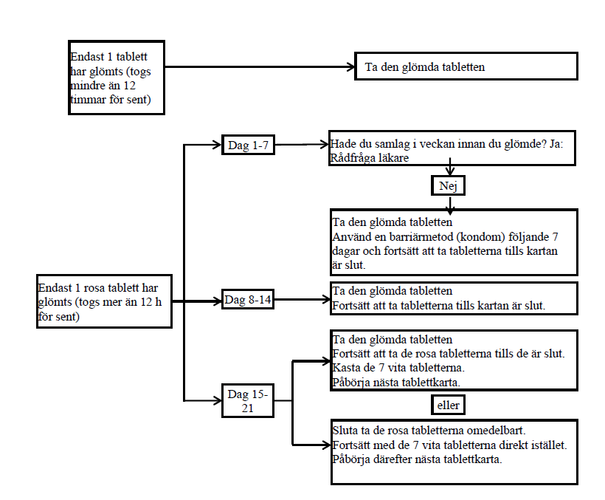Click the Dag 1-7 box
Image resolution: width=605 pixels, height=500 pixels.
coord(248,145)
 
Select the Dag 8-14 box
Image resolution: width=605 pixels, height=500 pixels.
coord(248,299)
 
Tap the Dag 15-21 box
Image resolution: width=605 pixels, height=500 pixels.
coord(248,401)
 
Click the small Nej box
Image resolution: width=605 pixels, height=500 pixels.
coord(448,185)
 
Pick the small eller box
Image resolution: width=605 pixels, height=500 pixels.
coord(448,405)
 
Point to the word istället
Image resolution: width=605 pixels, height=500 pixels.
coord(549,445)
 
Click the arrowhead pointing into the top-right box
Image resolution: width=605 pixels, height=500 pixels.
coord(350,66)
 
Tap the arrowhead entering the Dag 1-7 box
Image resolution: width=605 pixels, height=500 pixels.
coord(218,145)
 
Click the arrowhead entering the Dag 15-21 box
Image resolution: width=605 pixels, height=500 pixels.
coord(218,400)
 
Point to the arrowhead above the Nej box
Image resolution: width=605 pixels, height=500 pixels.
coord(450,171)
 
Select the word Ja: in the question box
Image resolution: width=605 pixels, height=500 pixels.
coord(556,144)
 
